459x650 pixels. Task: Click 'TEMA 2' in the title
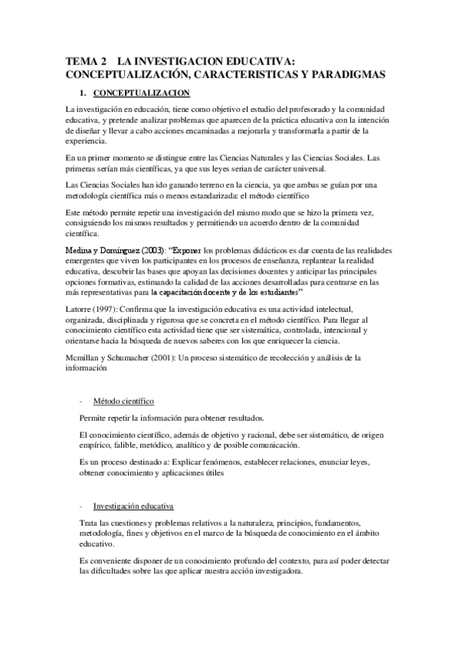click(84, 61)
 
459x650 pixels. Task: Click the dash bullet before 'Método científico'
click(80, 401)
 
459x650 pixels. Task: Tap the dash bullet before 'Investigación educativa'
click(80, 506)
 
